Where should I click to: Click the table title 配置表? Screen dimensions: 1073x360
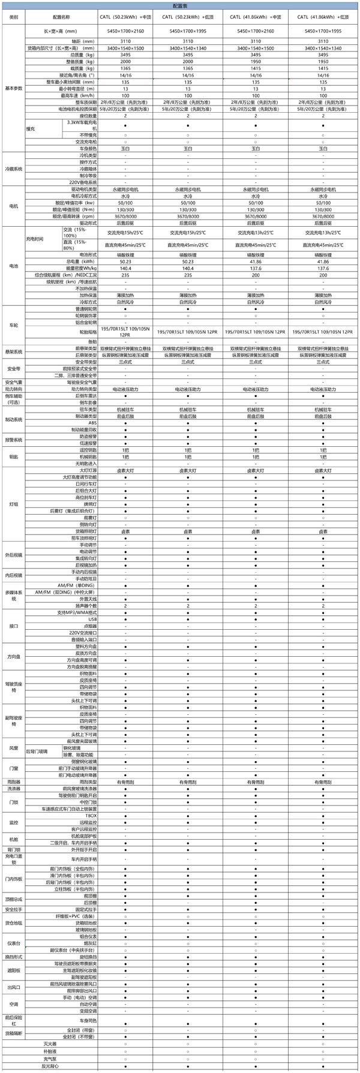point(180,5)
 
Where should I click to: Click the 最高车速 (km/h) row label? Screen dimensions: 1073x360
point(79,95)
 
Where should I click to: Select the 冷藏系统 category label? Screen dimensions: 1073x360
point(14,169)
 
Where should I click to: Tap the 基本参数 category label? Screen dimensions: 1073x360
point(14,88)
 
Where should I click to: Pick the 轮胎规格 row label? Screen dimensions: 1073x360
point(88,330)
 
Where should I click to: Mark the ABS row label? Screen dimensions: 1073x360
point(92,422)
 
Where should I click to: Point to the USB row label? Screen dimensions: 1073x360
point(92,619)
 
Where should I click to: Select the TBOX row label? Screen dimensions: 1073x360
point(91,816)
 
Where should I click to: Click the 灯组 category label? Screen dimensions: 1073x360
point(14,504)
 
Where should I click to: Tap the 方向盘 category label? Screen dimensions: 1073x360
point(14,657)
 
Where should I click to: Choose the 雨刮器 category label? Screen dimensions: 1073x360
point(14,782)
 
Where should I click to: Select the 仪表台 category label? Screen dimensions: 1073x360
point(14,943)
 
